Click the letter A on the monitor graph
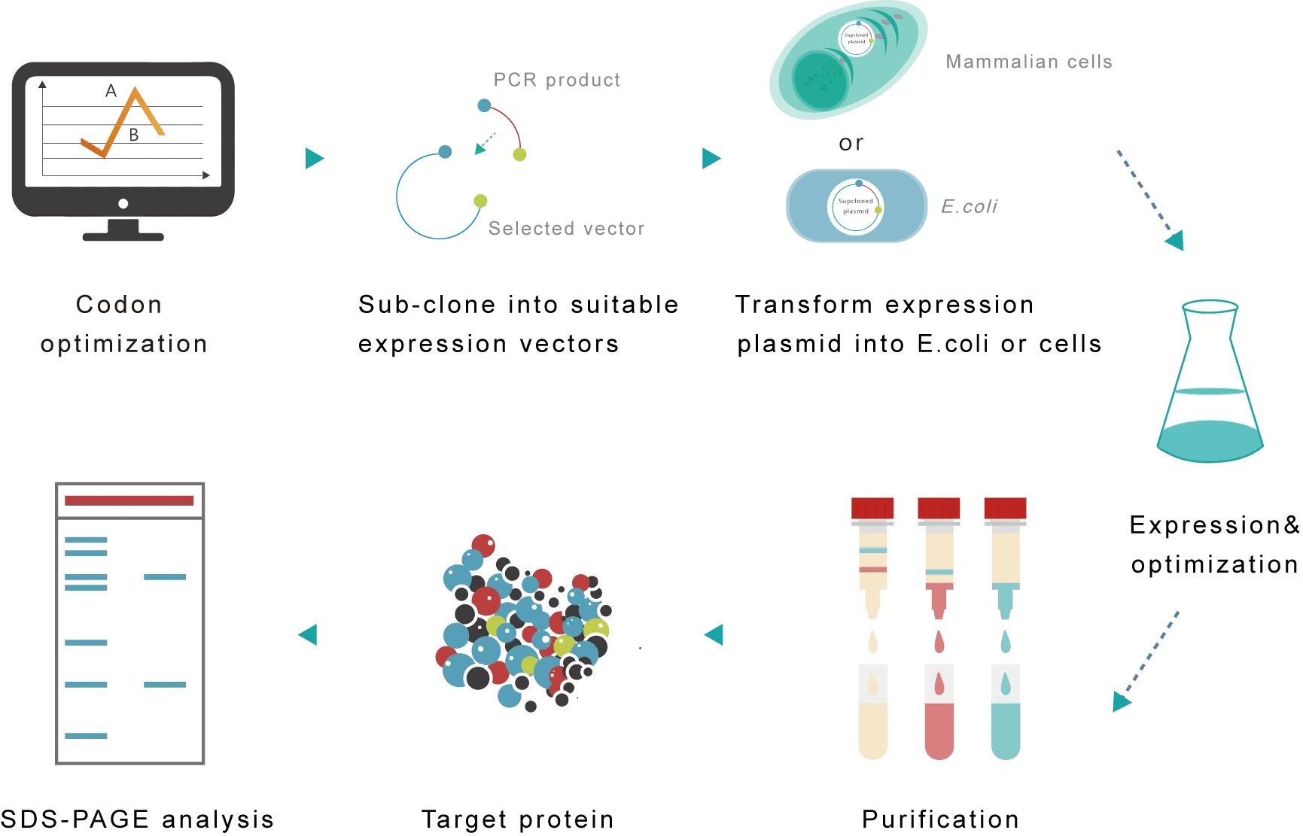(111, 91)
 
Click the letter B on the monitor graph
(134, 135)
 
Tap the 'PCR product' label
(556, 80)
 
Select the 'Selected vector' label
(566, 228)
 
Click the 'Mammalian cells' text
(1028, 62)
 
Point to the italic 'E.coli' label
(969, 206)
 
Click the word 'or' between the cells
(851, 143)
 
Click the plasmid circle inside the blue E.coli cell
(856, 206)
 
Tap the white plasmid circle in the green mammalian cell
(857, 38)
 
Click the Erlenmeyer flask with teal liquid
(1209, 384)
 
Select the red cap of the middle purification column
(939, 509)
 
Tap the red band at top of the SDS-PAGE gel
(129, 500)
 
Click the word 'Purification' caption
(940, 819)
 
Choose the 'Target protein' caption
(517, 819)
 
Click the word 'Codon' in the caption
(119, 304)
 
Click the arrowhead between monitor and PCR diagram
(314, 158)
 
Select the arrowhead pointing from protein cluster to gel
(309, 634)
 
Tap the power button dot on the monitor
(123, 203)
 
